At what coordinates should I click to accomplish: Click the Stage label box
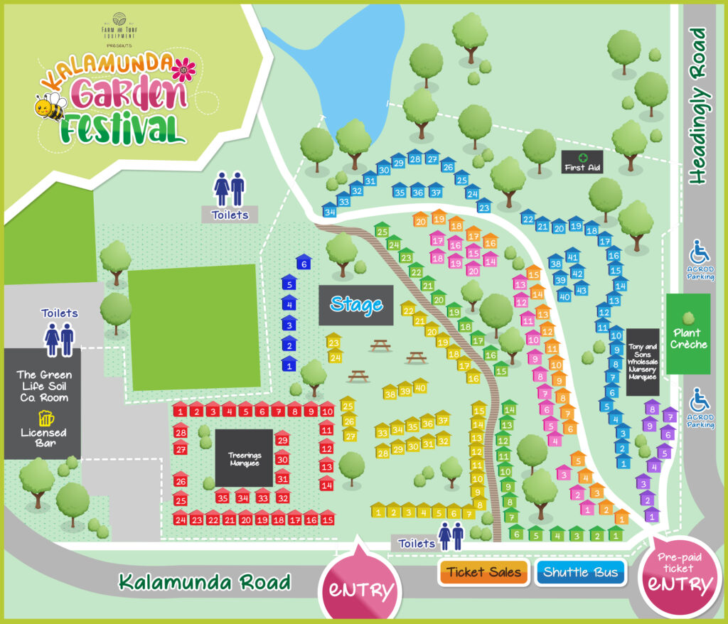[x=355, y=306]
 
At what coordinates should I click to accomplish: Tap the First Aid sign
[x=582, y=162]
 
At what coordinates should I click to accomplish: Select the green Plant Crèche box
[x=687, y=333]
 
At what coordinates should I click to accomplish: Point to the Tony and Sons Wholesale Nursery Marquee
[x=642, y=362]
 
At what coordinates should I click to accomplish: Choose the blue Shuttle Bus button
[x=580, y=572]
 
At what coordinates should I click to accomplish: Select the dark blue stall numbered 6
[x=304, y=262]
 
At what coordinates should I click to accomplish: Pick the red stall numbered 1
[x=181, y=410]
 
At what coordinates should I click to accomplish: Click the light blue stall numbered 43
[x=581, y=289]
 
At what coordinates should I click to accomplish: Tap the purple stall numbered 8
[x=651, y=408]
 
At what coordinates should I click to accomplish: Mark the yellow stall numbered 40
[x=420, y=387]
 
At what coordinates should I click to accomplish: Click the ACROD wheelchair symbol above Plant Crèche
[x=699, y=251]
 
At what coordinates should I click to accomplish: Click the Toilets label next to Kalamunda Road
[x=416, y=543]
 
